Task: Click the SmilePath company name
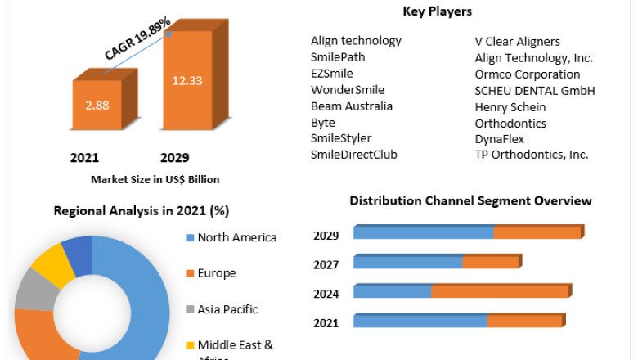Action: tap(338, 57)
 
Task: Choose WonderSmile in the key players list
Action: tap(348, 90)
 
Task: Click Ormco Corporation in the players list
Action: tap(528, 74)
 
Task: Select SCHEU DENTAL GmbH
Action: tap(535, 90)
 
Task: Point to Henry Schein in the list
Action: tap(510, 106)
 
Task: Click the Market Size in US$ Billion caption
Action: tap(155, 179)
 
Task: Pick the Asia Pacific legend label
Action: tap(227, 309)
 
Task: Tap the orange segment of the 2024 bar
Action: tap(499, 291)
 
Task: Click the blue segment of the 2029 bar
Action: tap(423, 232)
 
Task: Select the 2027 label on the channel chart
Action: tap(326, 264)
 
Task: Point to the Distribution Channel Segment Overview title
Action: tap(470, 200)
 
